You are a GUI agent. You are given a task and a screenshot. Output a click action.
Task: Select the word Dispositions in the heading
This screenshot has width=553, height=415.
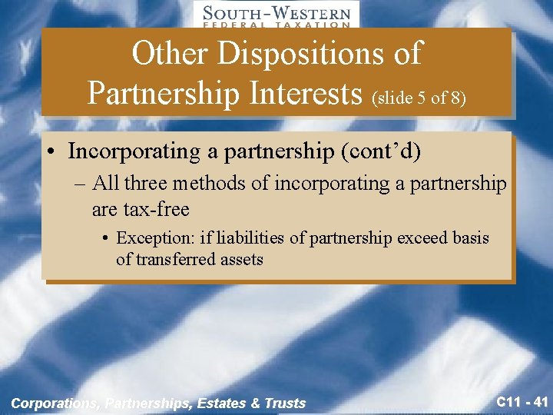319,54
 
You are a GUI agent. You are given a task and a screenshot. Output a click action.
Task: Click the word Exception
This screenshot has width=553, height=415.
154,238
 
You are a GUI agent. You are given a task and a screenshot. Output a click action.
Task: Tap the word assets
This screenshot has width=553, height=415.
237,260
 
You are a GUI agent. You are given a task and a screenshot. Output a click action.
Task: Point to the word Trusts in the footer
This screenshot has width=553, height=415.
285,403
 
